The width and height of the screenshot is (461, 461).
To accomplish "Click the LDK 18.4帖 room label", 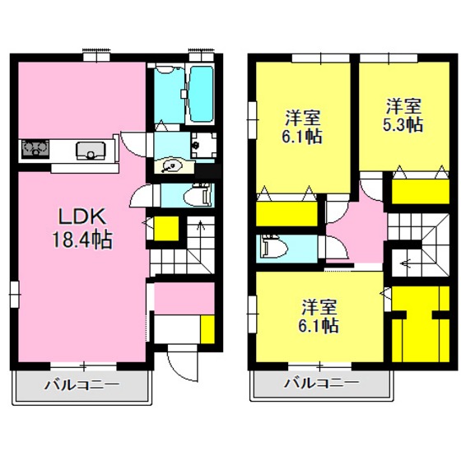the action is click(82, 228).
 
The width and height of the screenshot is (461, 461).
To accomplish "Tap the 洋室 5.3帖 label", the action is click(403, 115).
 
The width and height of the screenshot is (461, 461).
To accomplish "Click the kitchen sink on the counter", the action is click(91, 151).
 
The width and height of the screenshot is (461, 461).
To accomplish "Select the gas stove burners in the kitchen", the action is click(35, 149).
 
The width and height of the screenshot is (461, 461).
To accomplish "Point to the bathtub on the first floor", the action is click(201, 94).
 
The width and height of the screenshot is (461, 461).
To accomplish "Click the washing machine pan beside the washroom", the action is click(204, 145).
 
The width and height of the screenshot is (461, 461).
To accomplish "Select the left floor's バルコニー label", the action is click(82, 385).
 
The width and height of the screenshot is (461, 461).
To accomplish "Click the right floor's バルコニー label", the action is click(321, 383).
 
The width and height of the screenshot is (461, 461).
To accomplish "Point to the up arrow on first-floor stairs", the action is click(201, 228).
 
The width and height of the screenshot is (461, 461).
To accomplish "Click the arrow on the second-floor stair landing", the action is click(407, 263).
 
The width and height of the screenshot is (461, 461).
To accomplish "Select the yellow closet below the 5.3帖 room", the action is click(421, 191).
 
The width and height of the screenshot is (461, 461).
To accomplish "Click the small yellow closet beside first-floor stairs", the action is click(166, 229).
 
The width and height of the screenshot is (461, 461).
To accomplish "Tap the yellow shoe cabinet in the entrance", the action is click(207, 329).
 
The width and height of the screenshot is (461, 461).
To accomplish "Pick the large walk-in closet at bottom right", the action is click(421, 324).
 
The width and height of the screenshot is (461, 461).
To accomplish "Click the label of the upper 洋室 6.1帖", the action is click(302, 127).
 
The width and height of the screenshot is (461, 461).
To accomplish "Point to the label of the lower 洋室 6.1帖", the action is click(319, 316).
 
